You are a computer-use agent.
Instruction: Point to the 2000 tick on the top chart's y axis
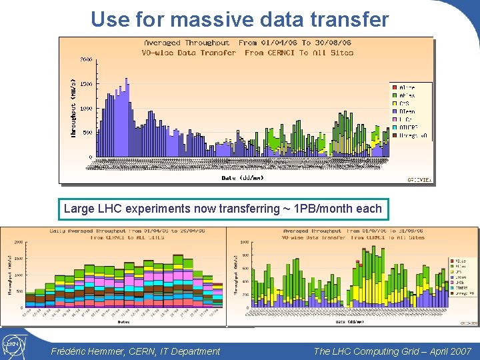point(87,59)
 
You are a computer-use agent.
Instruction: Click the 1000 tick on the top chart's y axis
point(87,109)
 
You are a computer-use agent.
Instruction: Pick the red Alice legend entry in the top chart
point(405,87)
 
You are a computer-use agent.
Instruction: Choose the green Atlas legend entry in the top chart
point(405,95)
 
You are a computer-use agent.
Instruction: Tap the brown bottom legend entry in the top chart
point(408,135)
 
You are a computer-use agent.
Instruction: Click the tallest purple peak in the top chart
point(126,81)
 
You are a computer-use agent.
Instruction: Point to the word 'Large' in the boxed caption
point(79,209)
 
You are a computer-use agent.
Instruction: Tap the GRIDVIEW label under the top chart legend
point(419,179)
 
